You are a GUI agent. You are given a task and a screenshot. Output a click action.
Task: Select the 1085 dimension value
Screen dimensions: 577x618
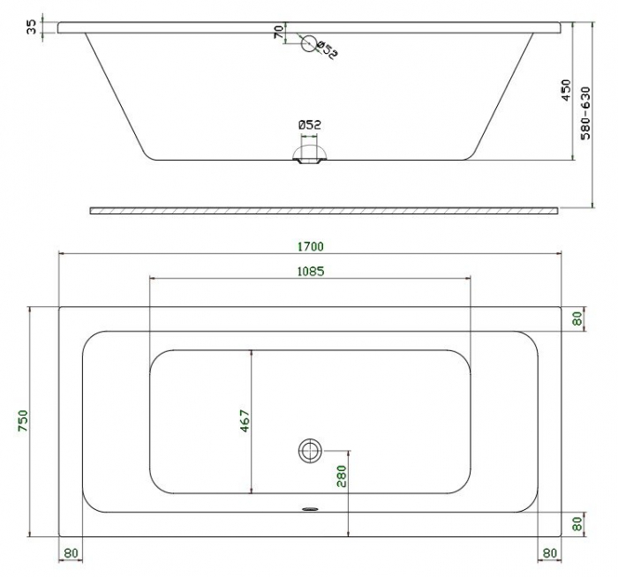coord(310,271)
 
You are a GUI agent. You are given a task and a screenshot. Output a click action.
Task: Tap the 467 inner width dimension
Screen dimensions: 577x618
coord(245,421)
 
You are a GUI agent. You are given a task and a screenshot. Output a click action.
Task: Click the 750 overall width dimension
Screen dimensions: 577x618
coord(23,421)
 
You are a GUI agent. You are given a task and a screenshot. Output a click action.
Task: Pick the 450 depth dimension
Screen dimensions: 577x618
coord(566,91)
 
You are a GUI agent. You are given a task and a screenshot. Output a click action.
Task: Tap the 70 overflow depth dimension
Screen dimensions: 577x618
coord(278,33)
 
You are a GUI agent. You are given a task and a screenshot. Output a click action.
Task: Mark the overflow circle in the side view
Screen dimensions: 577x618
coord(308,43)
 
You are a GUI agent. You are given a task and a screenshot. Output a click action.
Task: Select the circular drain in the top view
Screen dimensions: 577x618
coord(310,451)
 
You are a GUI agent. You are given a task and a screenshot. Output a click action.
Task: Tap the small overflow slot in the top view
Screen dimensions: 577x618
coord(310,508)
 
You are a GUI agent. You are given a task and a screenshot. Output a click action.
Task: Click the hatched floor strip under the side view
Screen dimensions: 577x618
coord(324,210)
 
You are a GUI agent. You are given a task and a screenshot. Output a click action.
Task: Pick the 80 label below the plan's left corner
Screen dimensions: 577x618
coord(71,554)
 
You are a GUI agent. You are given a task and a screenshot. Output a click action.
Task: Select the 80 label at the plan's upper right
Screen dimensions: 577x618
coord(577,318)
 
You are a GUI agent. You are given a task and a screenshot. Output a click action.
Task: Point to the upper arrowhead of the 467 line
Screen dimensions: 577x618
coord(252,353)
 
